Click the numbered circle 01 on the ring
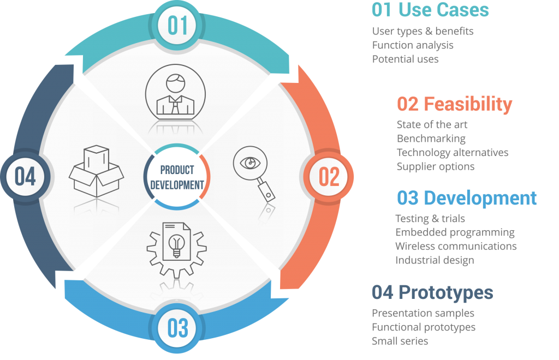[177, 26]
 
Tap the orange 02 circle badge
[328, 177]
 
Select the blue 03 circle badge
[177, 328]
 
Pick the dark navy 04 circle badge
[25, 177]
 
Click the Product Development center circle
[177, 177]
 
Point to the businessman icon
[175, 93]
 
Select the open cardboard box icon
[96, 171]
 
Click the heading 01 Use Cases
[430, 10]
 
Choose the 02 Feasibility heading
[455, 104]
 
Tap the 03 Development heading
[467, 198]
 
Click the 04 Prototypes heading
[432, 292]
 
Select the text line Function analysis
[413, 45]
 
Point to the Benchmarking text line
[431, 139]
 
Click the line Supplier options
[435, 167]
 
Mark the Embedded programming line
[455, 232]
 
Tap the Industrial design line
[435, 260]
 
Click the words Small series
[400, 341]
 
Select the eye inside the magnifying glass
[250, 163]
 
